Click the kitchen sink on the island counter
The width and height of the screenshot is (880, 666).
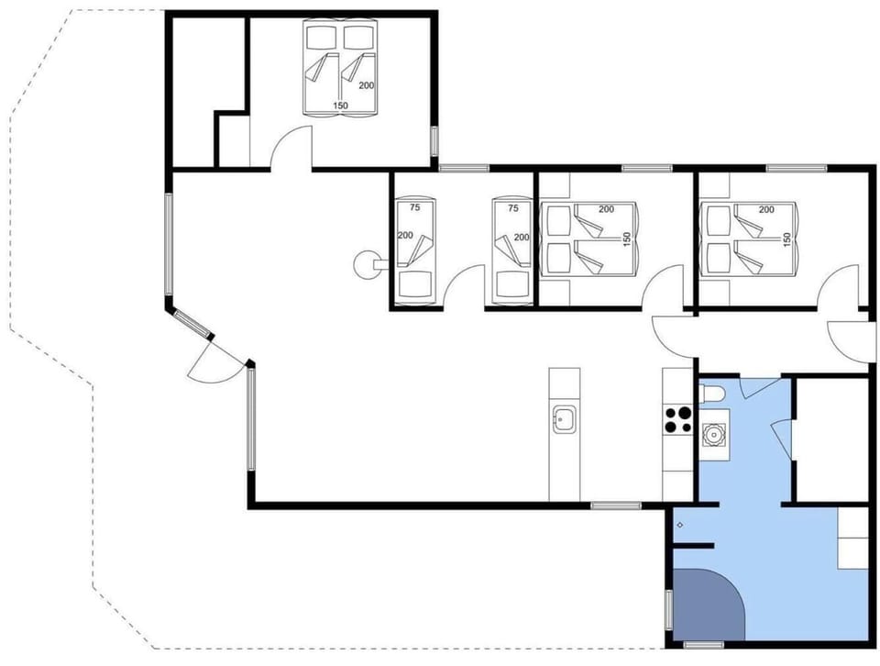(x=563, y=420)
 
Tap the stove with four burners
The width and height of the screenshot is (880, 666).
(x=677, y=419)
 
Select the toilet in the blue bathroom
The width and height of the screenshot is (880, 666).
(x=714, y=394)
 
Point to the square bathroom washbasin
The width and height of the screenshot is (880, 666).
(x=714, y=433)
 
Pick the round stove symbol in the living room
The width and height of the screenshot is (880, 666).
(x=364, y=263)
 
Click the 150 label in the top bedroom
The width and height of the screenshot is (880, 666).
(x=341, y=106)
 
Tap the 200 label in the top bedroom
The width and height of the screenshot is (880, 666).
(x=366, y=85)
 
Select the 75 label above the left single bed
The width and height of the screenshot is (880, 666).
(x=414, y=208)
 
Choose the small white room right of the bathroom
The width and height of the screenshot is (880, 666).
(x=830, y=438)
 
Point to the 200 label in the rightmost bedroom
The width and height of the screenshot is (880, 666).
(x=766, y=210)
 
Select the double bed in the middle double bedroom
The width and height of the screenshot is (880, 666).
(x=588, y=239)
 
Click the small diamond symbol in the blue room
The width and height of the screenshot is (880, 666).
(x=679, y=525)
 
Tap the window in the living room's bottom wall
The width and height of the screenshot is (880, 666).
(x=615, y=505)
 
